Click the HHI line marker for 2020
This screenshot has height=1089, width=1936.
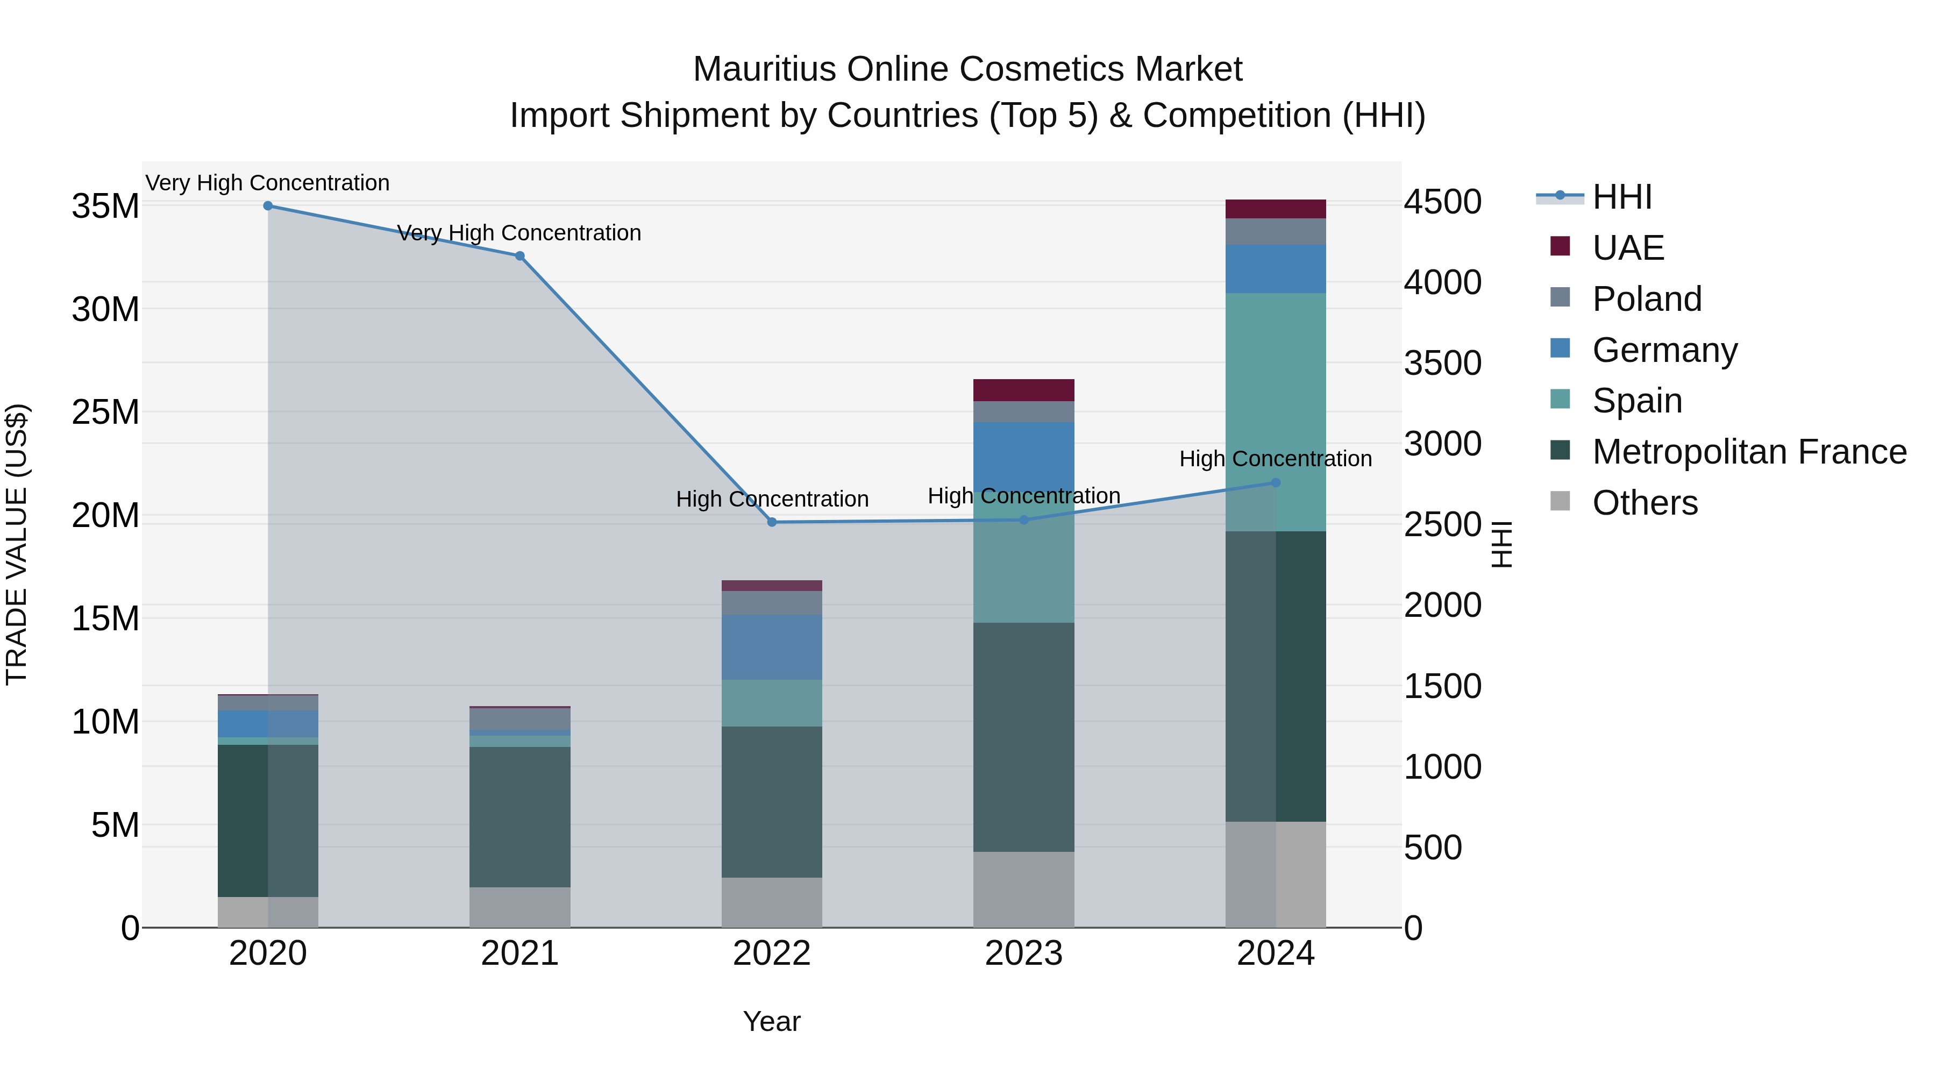point(268,206)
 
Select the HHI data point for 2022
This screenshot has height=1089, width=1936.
point(772,522)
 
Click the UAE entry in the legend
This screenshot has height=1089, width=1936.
point(1628,248)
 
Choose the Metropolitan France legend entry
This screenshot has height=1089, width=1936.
point(1749,452)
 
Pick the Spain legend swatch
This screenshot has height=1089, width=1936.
point(1560,400)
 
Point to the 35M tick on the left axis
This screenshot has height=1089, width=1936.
point(105,206)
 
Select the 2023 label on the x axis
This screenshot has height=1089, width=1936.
point(1023,953)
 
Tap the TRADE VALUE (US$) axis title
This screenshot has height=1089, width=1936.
point(17,544)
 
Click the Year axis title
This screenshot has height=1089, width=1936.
point(771,1021)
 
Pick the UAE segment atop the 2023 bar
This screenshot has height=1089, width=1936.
point(1023,390)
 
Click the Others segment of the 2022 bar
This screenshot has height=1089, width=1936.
point(772,902)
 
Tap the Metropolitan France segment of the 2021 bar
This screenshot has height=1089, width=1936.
point(519,817)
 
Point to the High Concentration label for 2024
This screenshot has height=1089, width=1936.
point(1276,458)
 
